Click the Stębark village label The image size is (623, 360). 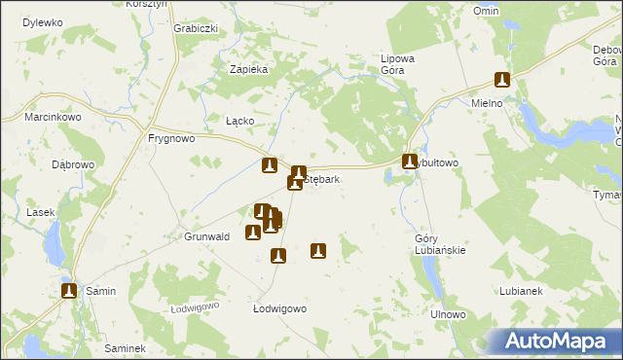[323, 180]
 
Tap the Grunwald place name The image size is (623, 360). [206, 236]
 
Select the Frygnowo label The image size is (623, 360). [172, 138]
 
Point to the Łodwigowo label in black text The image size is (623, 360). [279, 308]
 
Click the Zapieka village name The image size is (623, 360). [248, 69]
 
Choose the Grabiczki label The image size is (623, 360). [195, 28]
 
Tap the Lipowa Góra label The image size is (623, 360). [397, 64]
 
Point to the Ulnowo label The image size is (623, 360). [449, 315]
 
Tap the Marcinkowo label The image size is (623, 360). [53, 118]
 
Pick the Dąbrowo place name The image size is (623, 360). [73, 164]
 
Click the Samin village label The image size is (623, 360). [100, 291]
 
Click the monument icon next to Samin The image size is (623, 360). [69, 290]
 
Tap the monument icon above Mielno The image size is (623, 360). [502, 81]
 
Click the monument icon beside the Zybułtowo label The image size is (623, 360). [411, 162]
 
